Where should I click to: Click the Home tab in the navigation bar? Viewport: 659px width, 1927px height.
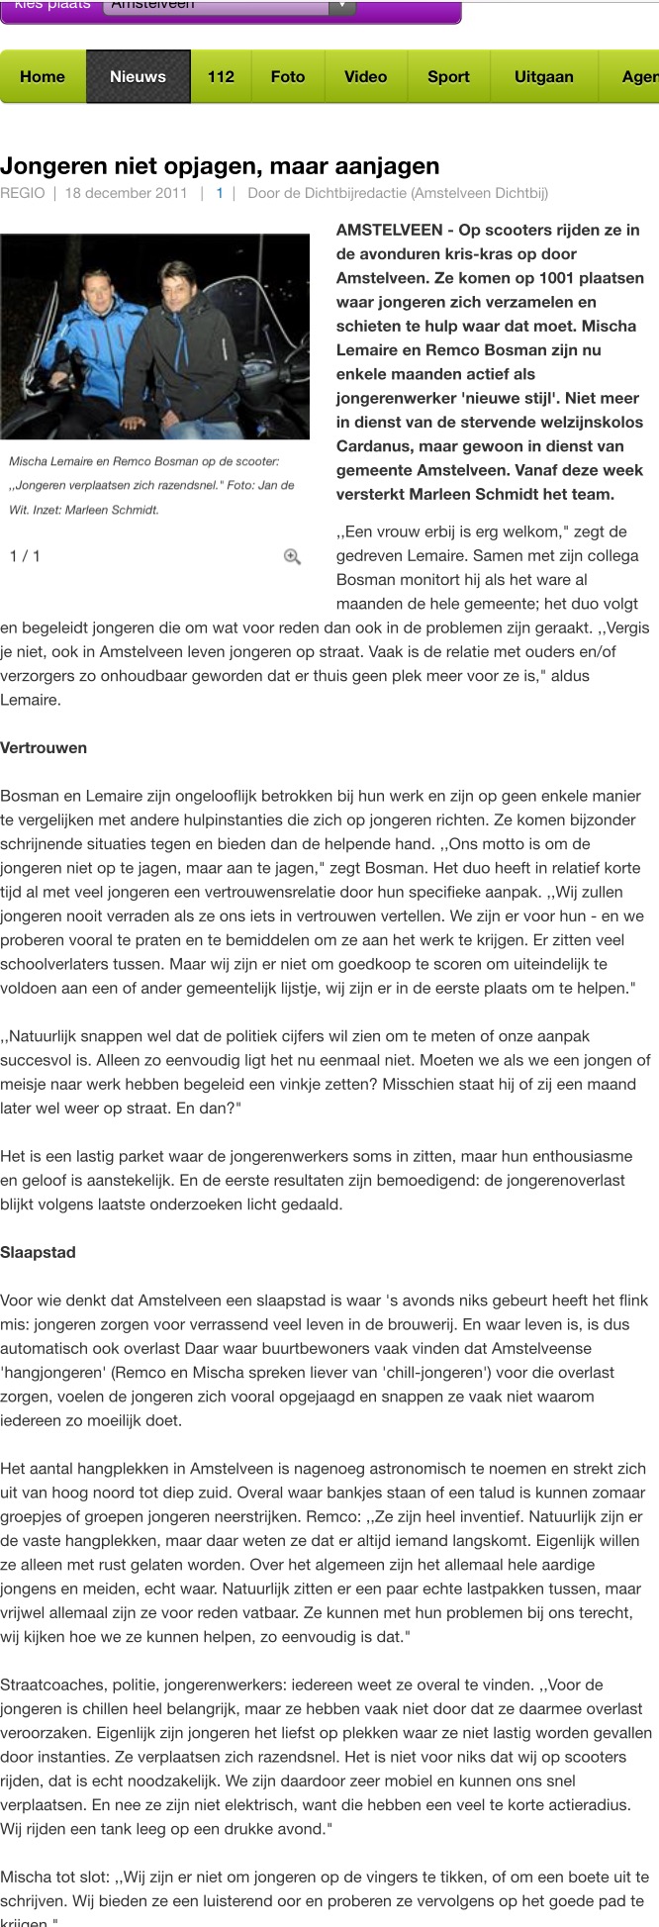(43, 76)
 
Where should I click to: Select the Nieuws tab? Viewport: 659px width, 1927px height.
(138, 76)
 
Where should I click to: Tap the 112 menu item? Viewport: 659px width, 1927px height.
(221, 76)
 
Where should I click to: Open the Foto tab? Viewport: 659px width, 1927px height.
(288, 76)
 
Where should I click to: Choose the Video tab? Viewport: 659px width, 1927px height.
(365, 76)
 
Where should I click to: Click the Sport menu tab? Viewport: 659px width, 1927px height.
(448, 76)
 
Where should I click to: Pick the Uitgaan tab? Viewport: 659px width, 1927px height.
(543, 76)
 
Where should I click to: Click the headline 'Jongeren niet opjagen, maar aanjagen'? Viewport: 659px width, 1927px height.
(220, 165)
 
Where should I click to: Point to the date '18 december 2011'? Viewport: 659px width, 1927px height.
(126, 193)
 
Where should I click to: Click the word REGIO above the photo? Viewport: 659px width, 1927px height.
(23, 193)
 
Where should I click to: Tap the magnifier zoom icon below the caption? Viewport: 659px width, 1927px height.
(292, 556)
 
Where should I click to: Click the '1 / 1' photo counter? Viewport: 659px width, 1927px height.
(25, 556)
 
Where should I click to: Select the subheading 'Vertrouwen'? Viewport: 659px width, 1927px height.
(44, 748)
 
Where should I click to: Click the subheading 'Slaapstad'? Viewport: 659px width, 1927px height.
(38, 1252)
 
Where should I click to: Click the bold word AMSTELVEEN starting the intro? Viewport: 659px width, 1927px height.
(389, 230)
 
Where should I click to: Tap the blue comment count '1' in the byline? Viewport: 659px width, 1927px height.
(220, 193)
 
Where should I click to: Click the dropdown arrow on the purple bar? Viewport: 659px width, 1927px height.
(341, 6)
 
